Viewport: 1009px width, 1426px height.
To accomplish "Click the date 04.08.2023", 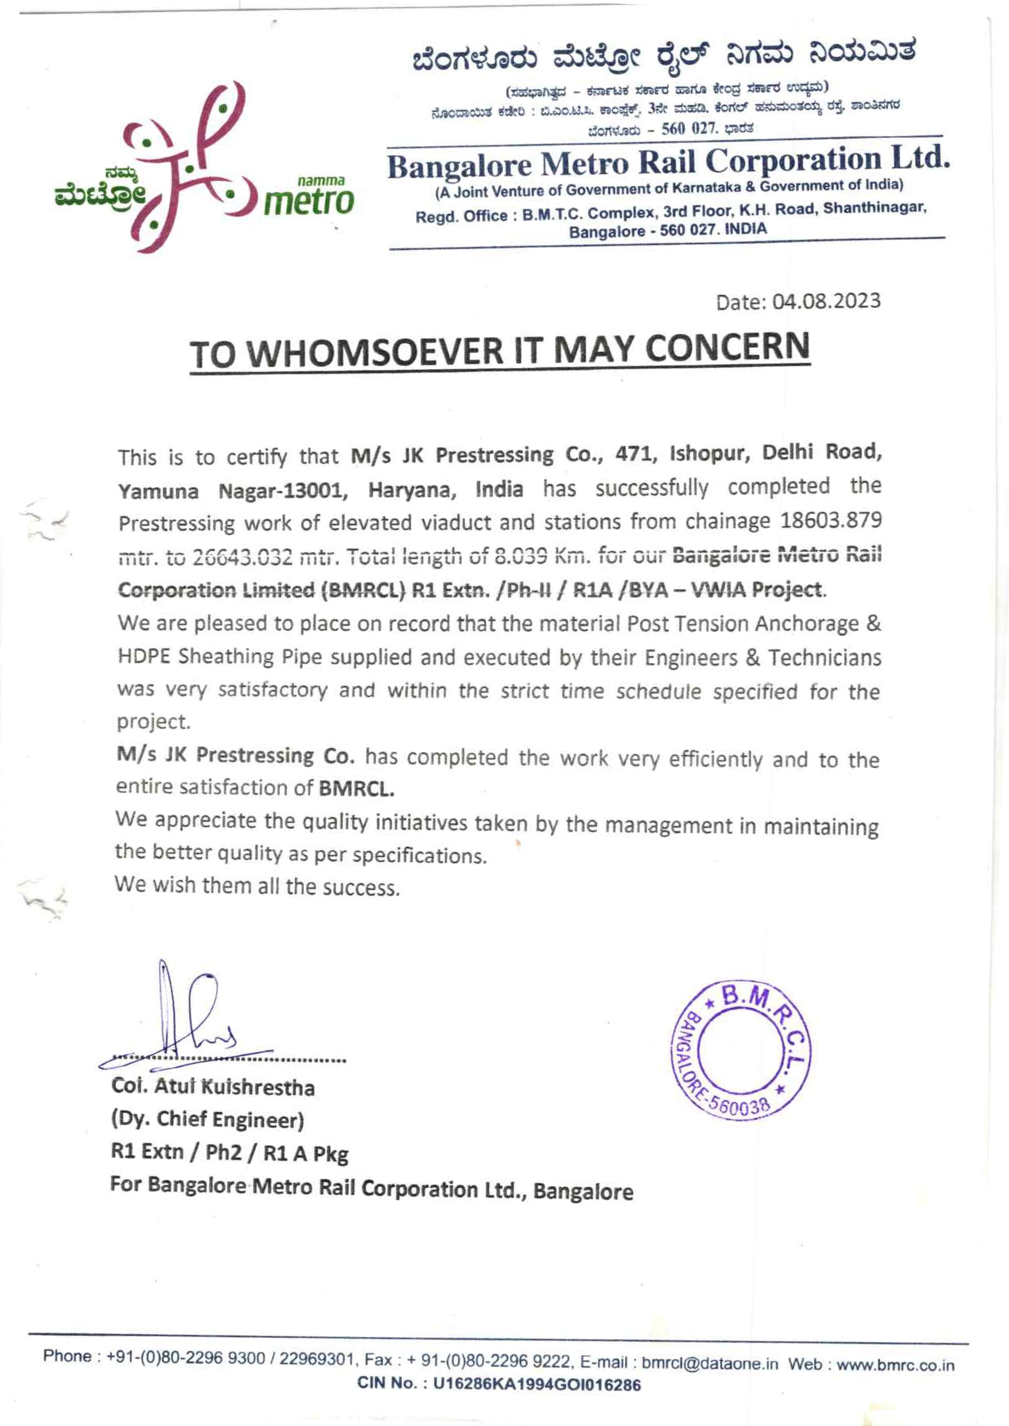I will tap(826, 302).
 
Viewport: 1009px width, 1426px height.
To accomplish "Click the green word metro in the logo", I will tap(309, 202).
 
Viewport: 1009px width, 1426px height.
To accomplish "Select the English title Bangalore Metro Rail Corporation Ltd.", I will tap(668, 162).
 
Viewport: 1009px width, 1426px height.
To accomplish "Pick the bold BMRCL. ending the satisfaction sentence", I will tap(357, 788).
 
